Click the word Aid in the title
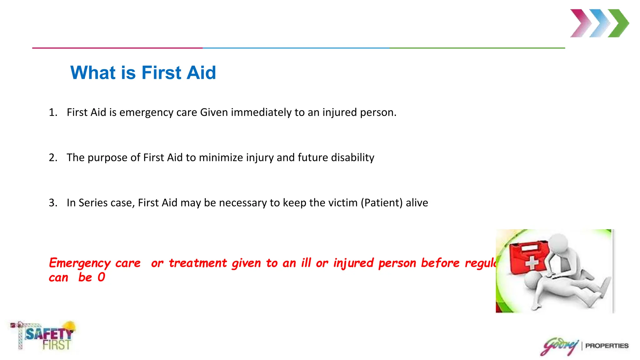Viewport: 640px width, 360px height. (201, 73)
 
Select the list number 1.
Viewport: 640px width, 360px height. (52, 112)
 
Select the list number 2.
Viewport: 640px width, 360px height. (52, 157)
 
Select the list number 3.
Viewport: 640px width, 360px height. (52, 203)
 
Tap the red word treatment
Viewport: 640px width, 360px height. (198, 263)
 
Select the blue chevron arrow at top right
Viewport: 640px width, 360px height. (599, 23)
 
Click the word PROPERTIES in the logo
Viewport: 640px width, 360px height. (607, 346)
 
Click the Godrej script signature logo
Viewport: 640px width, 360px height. (559, 346)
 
